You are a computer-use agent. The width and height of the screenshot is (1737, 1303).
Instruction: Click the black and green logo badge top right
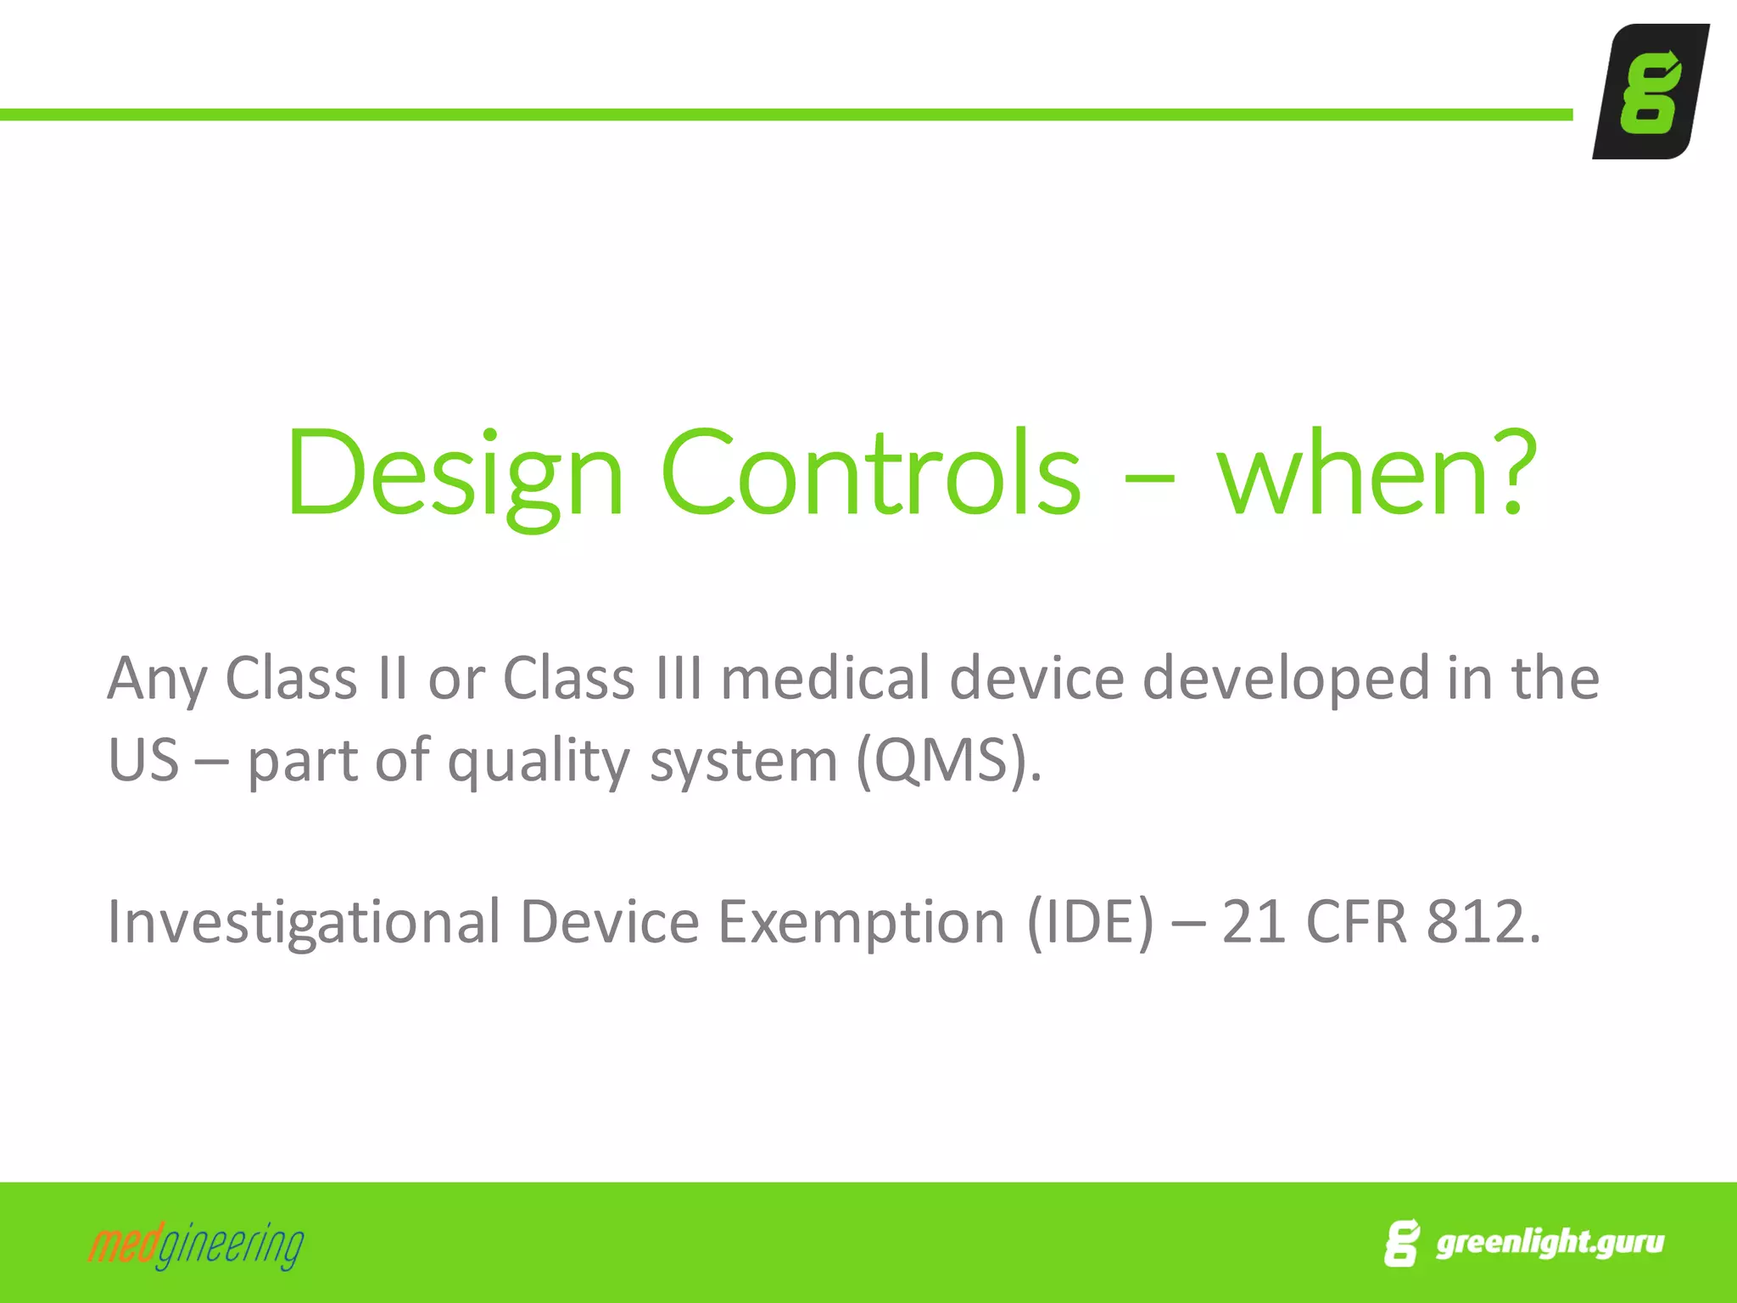[x=1650, y=92]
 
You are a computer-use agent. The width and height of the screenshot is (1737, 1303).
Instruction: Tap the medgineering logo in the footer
[x=196, y=1245]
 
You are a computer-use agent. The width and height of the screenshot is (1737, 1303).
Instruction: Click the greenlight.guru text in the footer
[x=1550, y=1242]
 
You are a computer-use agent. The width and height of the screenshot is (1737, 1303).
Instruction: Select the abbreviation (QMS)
[x=948, y=760]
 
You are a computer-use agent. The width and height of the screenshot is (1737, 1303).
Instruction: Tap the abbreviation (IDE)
[x=1090, y=921]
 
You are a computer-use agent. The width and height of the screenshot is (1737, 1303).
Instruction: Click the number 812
[x=1483, y=921]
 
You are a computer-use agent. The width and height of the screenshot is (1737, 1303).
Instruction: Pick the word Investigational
[x=304, y=923]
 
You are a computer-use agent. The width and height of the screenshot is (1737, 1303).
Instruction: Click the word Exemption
[x=861, y=923]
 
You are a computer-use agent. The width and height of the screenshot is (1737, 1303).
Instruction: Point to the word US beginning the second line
[x=143, y=760]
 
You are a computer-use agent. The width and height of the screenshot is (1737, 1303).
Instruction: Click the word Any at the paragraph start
[x=157, y=679]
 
